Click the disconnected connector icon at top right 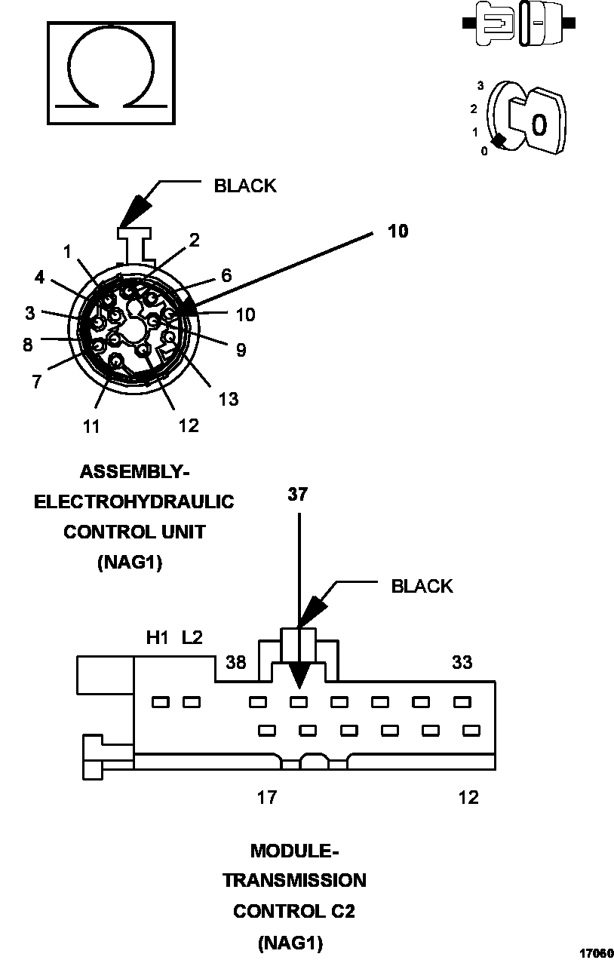click(520, 23)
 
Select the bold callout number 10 click(398, 231)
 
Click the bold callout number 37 click(298, 495)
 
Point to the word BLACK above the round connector click(245, 186)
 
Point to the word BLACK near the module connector click(422, 586)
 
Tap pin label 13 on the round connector click(228, 398)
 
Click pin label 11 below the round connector click(91, 427)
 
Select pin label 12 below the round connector click(188, 426)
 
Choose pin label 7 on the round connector click(36, 382)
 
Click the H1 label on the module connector click(157, 638)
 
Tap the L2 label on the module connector click(192, 638)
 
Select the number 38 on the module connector click(236, 663)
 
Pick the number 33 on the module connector click(462, 662)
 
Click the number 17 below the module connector click(266, 797)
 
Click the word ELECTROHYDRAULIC click(134, 501)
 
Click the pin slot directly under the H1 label click(160, 702)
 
